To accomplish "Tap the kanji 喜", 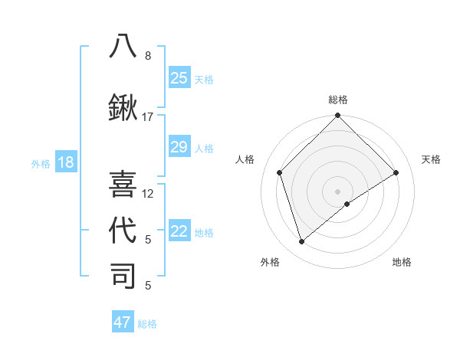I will tap(123, 184).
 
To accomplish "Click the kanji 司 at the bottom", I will tap(123, 276).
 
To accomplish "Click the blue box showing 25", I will tap(179, 78).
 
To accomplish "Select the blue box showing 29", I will tap(179, 147).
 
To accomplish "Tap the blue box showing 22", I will tap(179, 232).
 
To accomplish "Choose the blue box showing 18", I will tap(65, 162).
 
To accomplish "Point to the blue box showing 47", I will tap(123, 322).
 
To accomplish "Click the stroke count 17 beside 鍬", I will tap(148, 117).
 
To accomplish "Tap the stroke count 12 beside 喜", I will tap(148, 194).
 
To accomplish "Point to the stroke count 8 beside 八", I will tap(148, 56).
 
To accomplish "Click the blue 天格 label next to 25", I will tap(204, 79).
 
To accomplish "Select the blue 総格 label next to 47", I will tap(147, 324).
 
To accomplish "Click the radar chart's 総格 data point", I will tap(337, 116).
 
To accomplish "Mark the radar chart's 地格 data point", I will tap(347, 204).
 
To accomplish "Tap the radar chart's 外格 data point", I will tap(302, 241).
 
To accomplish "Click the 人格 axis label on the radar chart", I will tap(245, 159).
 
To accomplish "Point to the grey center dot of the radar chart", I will tap(337, 191).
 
